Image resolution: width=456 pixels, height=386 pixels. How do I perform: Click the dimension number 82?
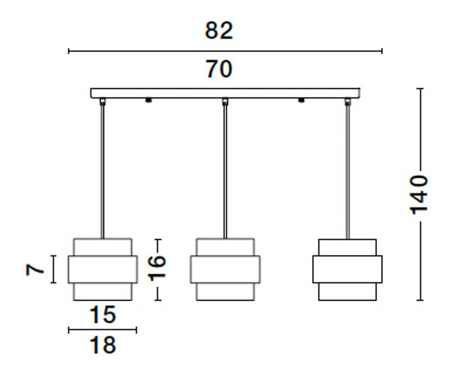(219, 31)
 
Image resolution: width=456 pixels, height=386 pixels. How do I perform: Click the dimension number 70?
(219, 69)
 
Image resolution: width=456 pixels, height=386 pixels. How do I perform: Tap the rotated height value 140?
(419, 193)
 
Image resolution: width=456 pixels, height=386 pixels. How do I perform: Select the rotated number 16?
(156, 268)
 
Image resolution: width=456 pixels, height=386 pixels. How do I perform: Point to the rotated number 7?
(36, 269)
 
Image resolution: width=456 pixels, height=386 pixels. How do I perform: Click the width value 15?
(103, 315)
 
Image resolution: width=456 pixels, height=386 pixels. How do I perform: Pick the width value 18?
(103, 345)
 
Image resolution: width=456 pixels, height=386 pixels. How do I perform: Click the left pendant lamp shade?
(103, 269)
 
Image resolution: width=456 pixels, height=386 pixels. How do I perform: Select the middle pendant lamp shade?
(225, 269)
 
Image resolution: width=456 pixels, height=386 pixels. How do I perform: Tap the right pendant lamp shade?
(347, 269)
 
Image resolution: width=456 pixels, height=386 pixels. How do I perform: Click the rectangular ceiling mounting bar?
(225, 93)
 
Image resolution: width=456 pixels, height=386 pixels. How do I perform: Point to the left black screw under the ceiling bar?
(148, 100)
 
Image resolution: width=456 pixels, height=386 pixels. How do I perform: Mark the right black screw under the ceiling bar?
(301, 100)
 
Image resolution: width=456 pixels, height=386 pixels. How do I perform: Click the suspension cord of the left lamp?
(103, 173)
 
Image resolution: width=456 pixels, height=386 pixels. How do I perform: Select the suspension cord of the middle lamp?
(225, 173)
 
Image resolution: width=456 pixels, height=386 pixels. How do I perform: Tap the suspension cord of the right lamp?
(347, 173)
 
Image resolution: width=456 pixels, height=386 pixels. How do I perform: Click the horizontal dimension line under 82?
(225, 51)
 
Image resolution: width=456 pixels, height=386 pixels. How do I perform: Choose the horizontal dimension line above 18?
(103, 330)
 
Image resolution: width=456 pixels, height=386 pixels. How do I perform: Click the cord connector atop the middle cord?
(225, 101)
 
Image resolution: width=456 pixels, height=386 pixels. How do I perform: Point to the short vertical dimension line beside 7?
(54, 269)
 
